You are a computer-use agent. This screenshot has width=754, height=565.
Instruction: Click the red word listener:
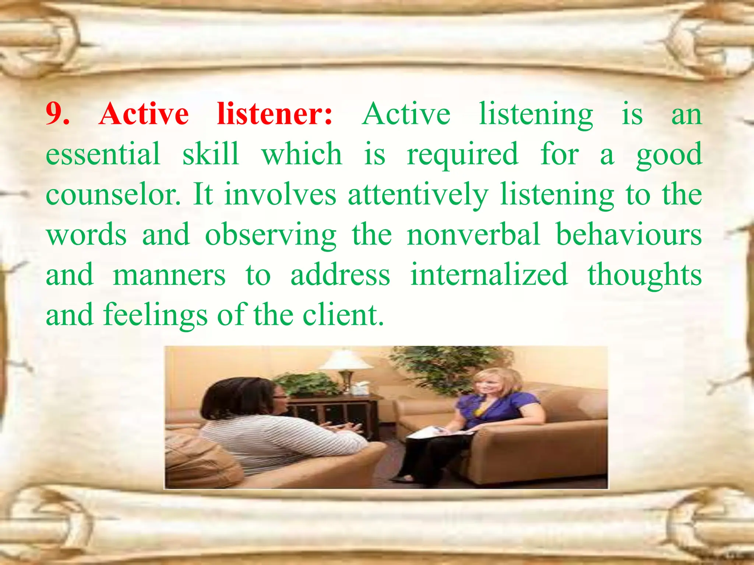[x=274, y=114]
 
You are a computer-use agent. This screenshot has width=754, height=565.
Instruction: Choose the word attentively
[x=418, y=195]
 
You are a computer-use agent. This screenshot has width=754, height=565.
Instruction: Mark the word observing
[x=271, y=235]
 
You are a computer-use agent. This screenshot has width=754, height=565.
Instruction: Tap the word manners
[x=169, y=275]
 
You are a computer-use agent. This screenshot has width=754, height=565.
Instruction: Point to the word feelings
[x=155, y=316]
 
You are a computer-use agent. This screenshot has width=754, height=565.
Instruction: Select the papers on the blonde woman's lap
[x=438, y=432]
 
